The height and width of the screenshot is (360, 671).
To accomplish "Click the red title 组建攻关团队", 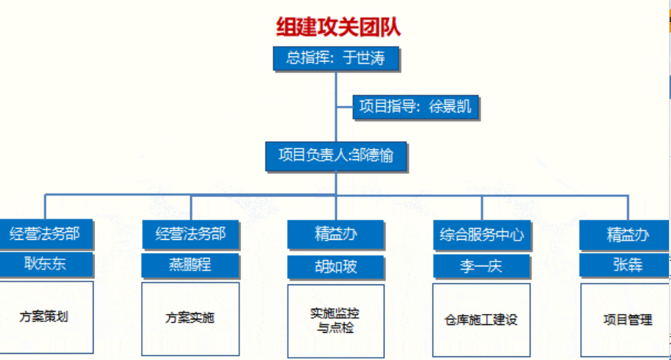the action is tap(338, 27).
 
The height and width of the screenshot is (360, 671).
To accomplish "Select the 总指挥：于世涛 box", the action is tap(336, 58).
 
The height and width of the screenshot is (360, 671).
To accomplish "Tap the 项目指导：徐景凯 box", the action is tap(415, 106).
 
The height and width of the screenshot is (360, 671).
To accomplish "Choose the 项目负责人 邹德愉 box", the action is tap(336, 156).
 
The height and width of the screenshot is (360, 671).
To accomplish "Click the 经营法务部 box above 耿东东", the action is tap(46, 233).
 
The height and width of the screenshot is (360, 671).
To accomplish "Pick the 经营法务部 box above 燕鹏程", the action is tap(190, 234).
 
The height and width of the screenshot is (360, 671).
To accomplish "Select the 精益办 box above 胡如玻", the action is tap(335, 234).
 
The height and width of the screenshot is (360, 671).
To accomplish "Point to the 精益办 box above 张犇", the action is tap(625, 235).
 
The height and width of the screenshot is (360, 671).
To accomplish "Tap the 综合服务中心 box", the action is tap(482, 235).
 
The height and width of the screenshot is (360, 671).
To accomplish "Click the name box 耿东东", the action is tap(46, 264).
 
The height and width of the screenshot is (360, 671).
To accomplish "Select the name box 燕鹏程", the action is tap(190, 266).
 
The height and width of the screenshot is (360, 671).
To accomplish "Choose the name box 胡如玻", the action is tap(335, 267).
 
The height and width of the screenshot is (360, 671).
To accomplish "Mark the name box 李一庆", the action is tap(482, 266).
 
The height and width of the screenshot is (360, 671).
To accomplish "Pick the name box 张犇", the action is tap(625, 265).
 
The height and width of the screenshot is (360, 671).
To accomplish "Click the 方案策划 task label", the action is tap(43, 317).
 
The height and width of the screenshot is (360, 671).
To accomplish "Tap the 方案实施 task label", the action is tap(189, 317).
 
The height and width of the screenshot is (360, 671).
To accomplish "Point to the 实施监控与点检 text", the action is tap(335, 320).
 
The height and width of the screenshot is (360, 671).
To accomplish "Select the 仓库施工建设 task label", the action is tap(481, 319).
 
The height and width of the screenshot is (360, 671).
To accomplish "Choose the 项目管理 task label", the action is tap(628, 319).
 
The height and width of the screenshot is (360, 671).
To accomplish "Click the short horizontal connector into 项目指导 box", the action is tap(345, 106).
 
